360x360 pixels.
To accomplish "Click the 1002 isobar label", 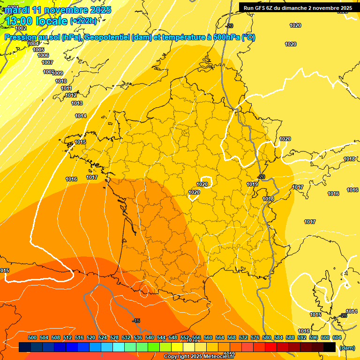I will pos(21,29).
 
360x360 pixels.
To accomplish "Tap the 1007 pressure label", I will pos(47,62).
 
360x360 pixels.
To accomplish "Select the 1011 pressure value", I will pos(66,88).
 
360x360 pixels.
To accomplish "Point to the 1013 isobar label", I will pos(77,104).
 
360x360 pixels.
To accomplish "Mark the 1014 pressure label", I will pos(81,116).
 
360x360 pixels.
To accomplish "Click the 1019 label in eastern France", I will pos(252,184).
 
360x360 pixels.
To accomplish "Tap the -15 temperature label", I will pos(136,321).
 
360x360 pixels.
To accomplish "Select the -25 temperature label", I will pos(343,316).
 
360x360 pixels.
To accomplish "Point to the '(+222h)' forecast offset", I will pos(83,21).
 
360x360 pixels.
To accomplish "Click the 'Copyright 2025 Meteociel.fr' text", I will pos(199,357).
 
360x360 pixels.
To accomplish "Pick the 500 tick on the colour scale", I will pos(32,337).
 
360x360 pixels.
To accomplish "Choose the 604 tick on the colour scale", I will pos(337,337).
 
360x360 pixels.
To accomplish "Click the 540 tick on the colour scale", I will pos(150,337).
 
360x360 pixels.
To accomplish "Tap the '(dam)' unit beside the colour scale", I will pos(347,348).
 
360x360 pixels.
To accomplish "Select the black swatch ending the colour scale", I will pos(330,347).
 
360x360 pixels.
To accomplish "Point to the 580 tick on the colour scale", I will pos(267,337).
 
